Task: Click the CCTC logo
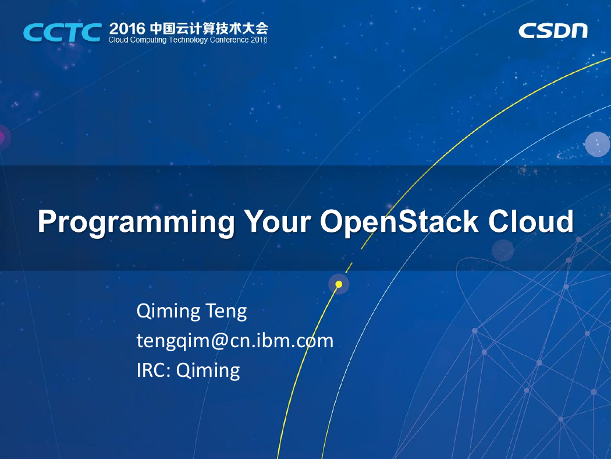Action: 63,33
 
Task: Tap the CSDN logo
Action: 553,31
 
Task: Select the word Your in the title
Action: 277,221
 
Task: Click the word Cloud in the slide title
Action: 531,221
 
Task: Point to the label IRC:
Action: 154,370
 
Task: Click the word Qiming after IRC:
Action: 208,371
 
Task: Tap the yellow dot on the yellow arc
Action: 339,284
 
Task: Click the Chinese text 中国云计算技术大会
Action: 209,29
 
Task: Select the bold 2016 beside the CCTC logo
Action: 127,29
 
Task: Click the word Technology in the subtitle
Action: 189,40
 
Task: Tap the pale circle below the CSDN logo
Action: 597,144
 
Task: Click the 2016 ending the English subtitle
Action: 259,40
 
